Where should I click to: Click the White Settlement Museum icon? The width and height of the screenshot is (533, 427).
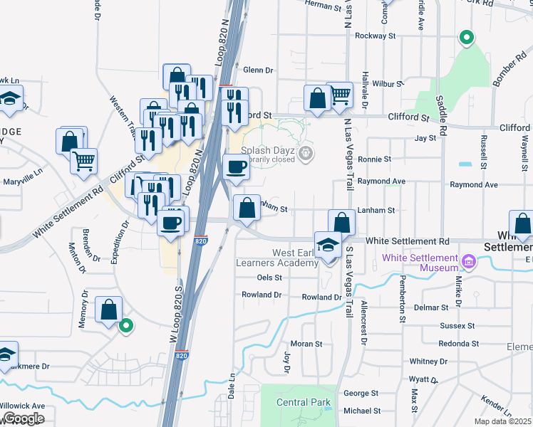coord(469,263)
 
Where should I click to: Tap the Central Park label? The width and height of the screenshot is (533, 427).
coord(304,403)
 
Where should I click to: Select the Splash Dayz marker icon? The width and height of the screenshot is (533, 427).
coord(306,152)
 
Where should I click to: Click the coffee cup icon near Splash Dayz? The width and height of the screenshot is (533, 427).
coord(237,167)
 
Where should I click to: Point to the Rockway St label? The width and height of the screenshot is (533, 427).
coord(375,36)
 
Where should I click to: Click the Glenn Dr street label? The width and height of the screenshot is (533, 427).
coord(258,70)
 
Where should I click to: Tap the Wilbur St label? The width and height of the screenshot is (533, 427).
coord(388,84)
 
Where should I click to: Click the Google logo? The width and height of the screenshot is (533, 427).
coord(23,418)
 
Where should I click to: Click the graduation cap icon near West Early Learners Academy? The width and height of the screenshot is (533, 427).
coord(328,244)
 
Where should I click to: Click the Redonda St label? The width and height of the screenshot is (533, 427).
coord(457,344)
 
